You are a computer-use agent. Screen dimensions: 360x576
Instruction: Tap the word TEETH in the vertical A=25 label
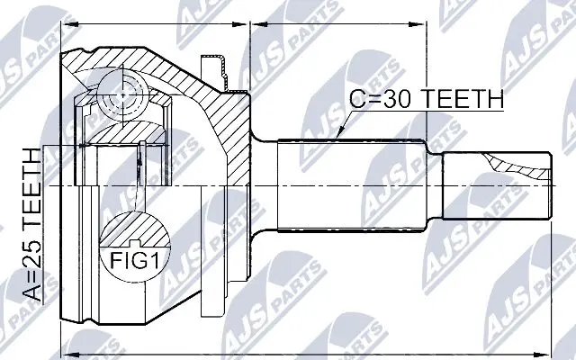[31, 192]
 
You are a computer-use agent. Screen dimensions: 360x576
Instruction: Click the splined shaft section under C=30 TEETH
[360, 184]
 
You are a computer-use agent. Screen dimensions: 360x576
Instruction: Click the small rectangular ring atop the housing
[215, 69]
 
